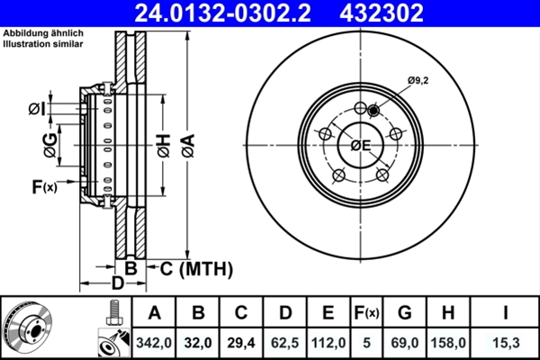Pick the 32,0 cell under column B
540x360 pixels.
(199, 341)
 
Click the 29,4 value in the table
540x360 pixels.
(241, 341)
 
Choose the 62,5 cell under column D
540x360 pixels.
(284, 341)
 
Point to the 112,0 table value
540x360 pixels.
(328, 341)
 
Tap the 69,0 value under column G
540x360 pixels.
(405, 341)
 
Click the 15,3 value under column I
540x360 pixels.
(505, 341)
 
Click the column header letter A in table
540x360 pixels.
(155, 313)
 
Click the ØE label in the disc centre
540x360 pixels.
(361, 146)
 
